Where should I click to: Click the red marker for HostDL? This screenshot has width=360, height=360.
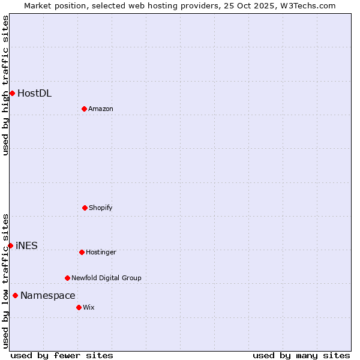point(12,93)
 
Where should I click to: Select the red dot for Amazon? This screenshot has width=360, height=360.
point(84,109)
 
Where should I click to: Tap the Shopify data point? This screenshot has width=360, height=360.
point(85,208)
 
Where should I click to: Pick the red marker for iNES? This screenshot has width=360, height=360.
point(10,245)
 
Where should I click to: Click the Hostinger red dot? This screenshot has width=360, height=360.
point(82,252)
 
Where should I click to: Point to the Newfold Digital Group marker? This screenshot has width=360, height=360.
point(67,278)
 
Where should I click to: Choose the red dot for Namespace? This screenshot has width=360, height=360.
point(15,295)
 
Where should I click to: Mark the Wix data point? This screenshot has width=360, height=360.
point(79,307)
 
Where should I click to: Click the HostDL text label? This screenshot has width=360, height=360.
point(34,93)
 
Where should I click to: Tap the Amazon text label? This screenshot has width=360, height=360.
point(101,109)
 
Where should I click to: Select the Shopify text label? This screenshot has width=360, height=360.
point(101,208)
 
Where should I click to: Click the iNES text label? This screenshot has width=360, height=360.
point(26,245)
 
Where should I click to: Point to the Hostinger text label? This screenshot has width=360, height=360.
point(101,252)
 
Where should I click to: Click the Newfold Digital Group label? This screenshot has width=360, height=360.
point(106,278)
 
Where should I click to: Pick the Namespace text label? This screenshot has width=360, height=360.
point(48,295)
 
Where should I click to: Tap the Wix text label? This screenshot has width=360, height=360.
point(88,307)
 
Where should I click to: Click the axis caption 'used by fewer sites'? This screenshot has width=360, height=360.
point(62,355)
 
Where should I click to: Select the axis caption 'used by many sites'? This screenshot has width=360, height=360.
point(301,355)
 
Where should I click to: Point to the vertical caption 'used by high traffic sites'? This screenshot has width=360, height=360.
point(5,85)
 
